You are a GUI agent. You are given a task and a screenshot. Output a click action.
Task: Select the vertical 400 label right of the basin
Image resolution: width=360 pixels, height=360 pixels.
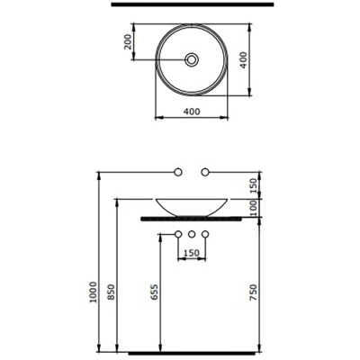267,61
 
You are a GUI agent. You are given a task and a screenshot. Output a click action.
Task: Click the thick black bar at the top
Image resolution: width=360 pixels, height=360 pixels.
192,4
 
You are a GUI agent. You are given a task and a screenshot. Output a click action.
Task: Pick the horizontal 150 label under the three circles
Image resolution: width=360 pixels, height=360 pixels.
192,253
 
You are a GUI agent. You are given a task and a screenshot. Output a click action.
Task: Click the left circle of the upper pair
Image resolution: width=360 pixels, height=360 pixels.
178,171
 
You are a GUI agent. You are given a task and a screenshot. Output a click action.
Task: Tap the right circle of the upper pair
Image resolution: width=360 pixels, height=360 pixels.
206,171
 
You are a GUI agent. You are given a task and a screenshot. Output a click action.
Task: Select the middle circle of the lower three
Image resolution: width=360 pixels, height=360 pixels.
192,236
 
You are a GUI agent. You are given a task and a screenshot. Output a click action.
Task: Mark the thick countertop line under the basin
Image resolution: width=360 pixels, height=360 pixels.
192,218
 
